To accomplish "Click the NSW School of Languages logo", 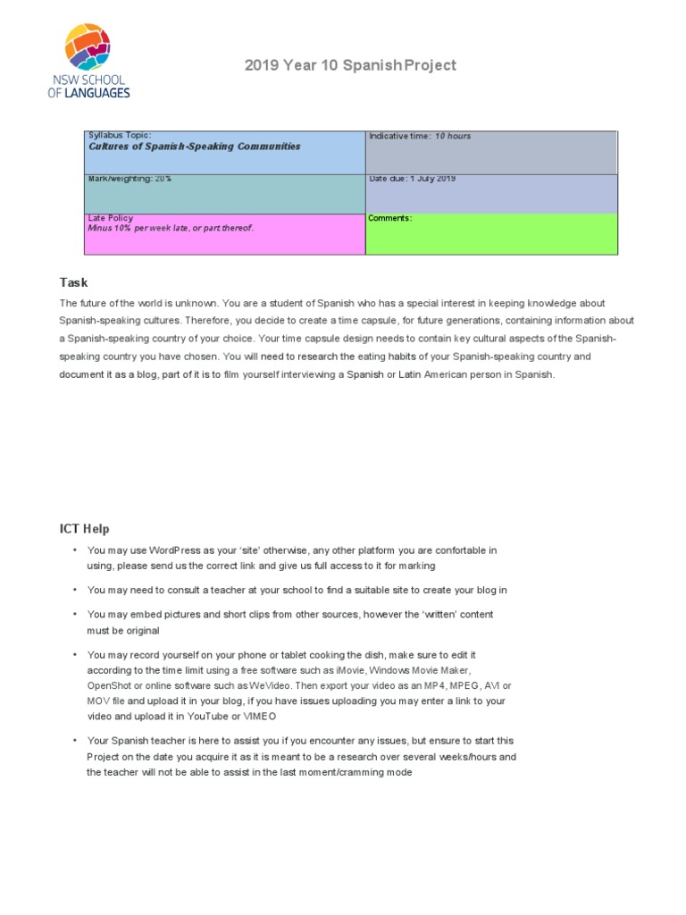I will point(88,61).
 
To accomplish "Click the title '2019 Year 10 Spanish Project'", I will point(350,65).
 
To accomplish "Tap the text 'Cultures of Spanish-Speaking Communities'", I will point(194,147).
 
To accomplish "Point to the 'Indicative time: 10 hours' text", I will point(420,137).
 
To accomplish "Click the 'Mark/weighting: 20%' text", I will point(130,179).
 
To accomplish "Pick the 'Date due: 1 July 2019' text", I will point(413,179).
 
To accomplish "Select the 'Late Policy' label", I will point(110,218).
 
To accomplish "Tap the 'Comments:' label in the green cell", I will point(390,218).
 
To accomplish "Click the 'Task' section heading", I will point(74,282).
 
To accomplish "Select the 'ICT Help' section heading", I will point(85,529).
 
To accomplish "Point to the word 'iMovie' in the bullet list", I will point(349,670).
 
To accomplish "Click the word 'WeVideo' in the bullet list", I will point(261,685).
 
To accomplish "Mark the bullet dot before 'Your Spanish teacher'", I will point(75,741).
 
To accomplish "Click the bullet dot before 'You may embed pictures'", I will point(75,615).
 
